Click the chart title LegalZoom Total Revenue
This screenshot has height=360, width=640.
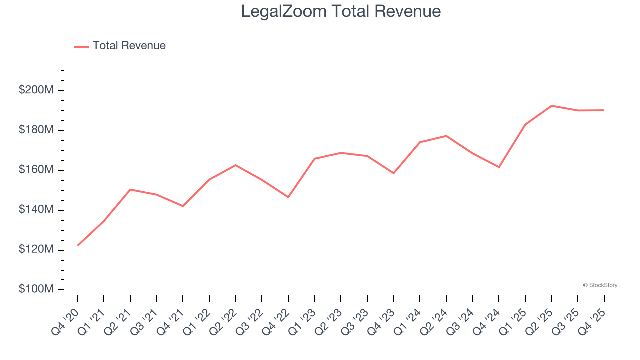tap(341, 11)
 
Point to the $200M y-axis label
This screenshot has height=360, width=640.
tap(36, 90)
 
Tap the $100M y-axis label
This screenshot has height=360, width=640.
tap(36, 289)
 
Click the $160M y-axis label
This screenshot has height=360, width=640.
tap(36, 170)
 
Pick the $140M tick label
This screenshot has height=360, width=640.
tap(36, 210)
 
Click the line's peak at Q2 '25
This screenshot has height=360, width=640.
tap(551, 106)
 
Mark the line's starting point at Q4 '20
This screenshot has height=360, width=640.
tap(78, 245)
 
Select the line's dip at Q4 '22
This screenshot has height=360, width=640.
tap(288, 197)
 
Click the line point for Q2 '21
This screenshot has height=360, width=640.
tap(130, 190)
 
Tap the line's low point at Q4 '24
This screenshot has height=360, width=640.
tap(499, 167)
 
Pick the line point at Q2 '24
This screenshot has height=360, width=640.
tap(446, 136)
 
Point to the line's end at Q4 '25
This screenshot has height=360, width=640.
tap(604, 110)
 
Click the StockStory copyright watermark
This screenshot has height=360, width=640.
tap(600, 285)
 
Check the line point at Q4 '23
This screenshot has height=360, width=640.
tap(394, 173)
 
